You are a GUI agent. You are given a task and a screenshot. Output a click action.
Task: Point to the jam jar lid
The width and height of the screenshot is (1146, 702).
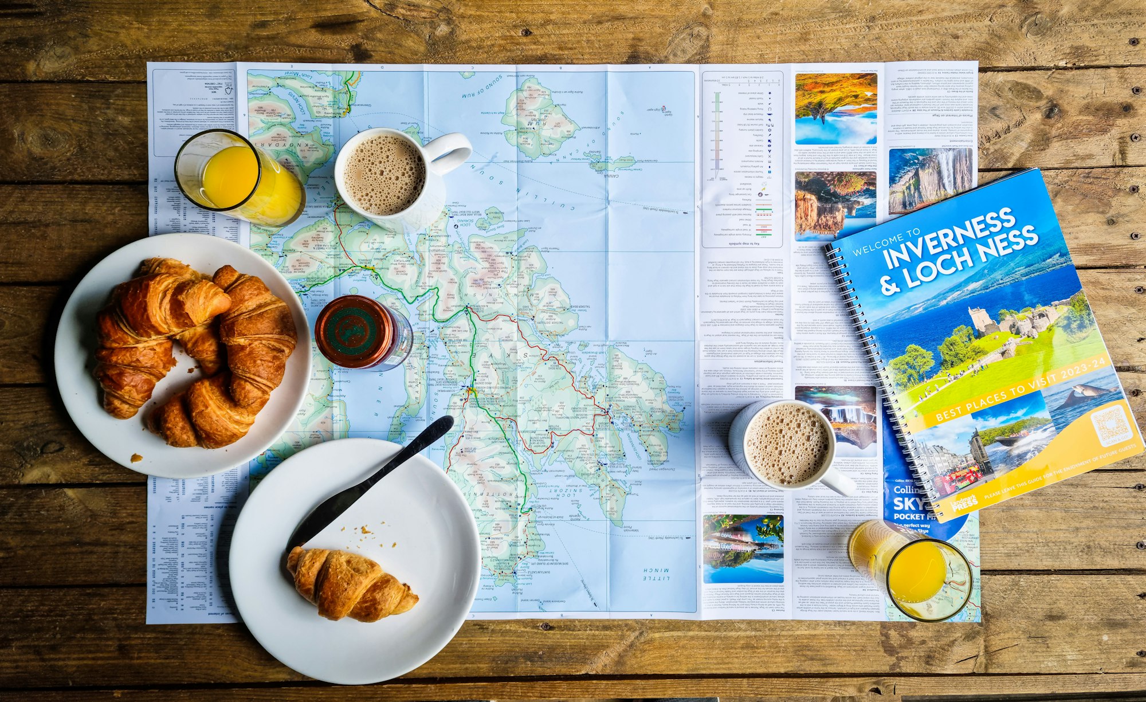tap(354, 331)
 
